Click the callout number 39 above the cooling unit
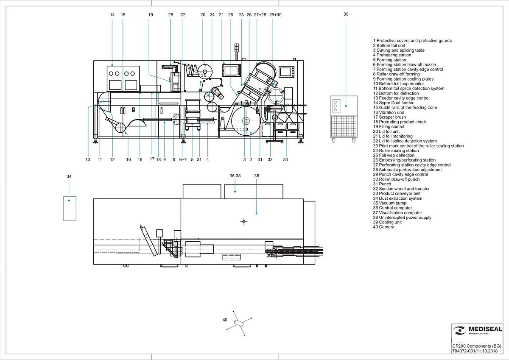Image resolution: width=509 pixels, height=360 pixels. tap(346, 14)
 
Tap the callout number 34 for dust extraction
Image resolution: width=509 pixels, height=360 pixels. tap(69, 176)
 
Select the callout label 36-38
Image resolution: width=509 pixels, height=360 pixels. tap(235, 176)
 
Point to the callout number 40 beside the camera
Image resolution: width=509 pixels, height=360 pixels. tap(225, 320)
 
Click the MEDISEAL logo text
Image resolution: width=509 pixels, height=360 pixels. tap(485, 329)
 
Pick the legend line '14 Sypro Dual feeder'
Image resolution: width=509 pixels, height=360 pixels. tap(393, 103)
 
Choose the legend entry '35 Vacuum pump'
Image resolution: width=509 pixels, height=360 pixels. tap(389, 203)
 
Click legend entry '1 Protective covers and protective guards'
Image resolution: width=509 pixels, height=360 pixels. tap(412, 41)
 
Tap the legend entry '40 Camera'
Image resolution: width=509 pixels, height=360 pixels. tap(383, 227)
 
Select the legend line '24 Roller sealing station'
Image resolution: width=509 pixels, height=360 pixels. tap(396, 151)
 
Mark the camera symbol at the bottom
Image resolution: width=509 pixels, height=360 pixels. tap(239, 323)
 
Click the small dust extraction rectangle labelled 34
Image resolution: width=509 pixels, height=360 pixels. tap(70, 209)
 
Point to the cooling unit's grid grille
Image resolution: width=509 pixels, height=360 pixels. tap(344, 126)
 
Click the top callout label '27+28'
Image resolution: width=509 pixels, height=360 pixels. tap(260, 15)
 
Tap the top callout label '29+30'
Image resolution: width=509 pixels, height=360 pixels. tap(275, 15)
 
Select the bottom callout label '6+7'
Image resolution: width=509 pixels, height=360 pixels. tap(183, 160)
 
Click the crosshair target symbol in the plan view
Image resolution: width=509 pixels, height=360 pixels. tap(244, 221)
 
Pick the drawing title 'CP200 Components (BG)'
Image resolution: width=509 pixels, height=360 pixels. tap(476, 346)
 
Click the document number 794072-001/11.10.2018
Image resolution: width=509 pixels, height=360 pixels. tap(475, 351)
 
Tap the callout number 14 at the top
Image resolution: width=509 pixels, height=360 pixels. tap(112, 15)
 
